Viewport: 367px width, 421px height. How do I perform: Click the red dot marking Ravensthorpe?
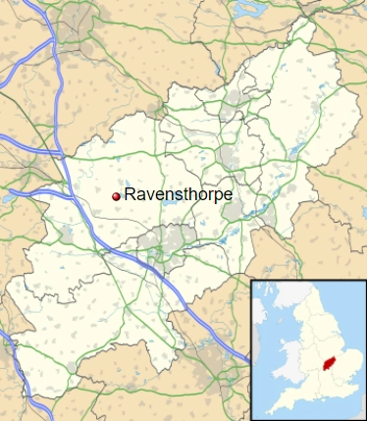pos(117,196)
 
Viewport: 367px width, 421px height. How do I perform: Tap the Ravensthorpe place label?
pos(178,195)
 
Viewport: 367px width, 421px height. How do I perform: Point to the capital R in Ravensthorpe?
pos(131,194)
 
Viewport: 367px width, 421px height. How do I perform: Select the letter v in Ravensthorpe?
pos(148,195)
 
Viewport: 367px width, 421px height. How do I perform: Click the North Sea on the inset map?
pos(343,314)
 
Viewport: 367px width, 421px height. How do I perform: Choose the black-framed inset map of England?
pos(308,349)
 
